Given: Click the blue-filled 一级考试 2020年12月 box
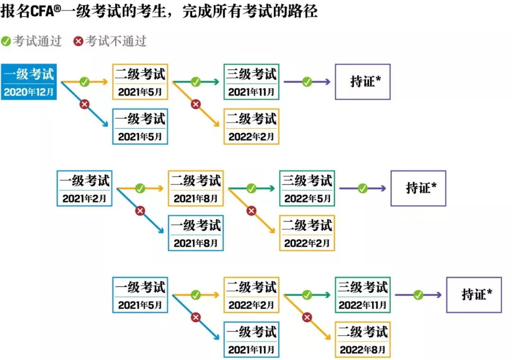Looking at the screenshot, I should (29, 82).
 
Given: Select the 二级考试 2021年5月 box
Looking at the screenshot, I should (140, 82).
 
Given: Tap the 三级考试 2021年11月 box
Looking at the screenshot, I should (251, 82).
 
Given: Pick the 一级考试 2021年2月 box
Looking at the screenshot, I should (85, 188).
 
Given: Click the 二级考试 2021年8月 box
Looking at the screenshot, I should (196, 188).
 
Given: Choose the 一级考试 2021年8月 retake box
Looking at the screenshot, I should (196, 233).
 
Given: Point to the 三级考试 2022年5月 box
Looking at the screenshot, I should (307, 188).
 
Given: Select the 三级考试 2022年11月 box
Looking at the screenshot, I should (363, 295).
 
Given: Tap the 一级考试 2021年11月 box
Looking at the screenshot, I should (251, 340).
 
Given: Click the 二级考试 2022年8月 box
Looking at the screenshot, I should (363, 340).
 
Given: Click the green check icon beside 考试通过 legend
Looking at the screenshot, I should (6, 41).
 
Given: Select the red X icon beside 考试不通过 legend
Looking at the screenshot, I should (78, 41).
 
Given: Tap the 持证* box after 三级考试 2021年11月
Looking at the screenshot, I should (363, 82).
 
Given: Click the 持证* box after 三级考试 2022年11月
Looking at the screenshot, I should (474, 295).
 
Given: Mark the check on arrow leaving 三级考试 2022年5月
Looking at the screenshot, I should (362, 188).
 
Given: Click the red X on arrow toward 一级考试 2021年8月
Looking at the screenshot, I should (140, 211).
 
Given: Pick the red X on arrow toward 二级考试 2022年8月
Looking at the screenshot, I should (307, 317).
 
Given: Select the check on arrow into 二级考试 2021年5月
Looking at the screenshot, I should (84, 82).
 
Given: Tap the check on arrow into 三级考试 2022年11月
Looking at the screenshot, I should (307, 295).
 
